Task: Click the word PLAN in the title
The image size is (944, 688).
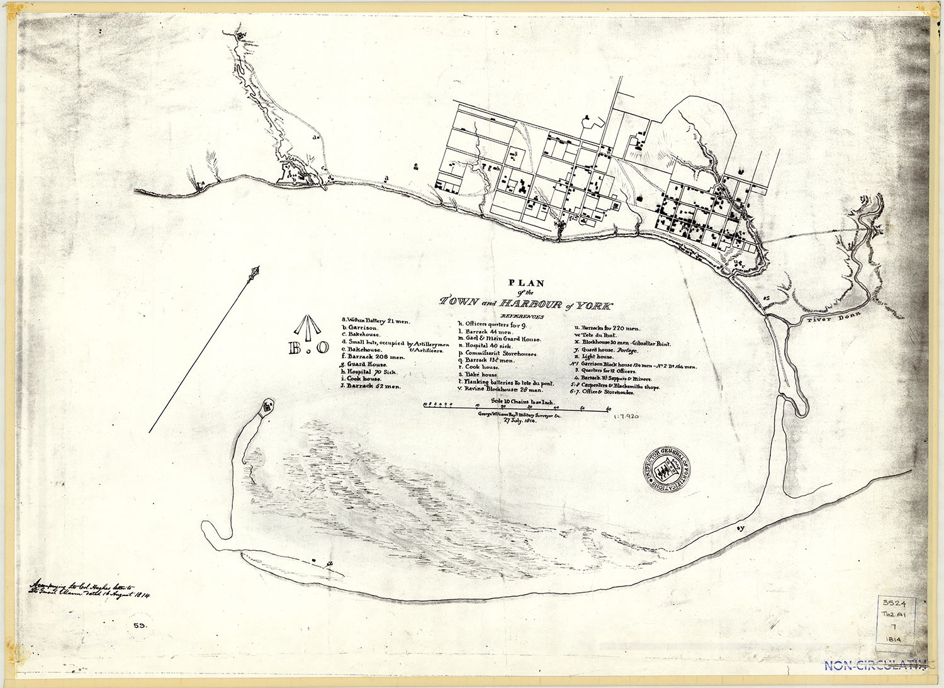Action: (526, 283)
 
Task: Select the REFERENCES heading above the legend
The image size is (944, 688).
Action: (522, 316)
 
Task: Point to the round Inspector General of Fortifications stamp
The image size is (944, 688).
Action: (666, 469)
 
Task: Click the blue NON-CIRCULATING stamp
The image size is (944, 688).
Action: (875, 665)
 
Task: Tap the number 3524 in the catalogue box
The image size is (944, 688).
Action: (894, 603)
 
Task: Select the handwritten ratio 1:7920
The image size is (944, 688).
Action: (625, 416)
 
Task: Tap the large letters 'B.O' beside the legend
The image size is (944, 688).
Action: (308, 347)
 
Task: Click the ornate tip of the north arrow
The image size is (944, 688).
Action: (255, 272)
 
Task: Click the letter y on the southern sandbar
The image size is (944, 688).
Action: (741, 528)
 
